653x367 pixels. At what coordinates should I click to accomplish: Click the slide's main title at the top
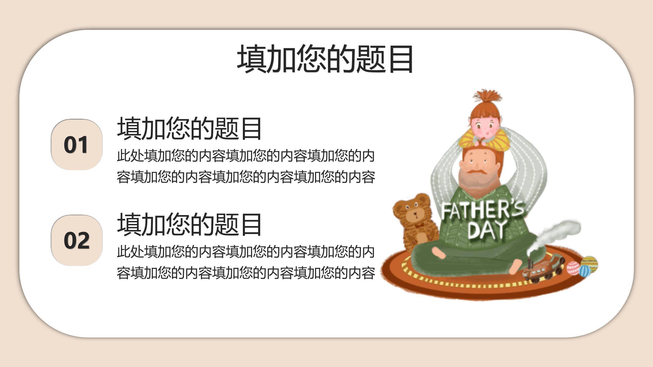tap(325, 59)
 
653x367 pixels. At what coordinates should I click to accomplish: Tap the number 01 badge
tap(77, 145)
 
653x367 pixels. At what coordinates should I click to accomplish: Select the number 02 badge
tap(77, 240)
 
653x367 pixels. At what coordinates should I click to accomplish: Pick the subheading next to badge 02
tap(189, 224)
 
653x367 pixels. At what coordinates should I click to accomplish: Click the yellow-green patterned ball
tap(589, 263)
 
